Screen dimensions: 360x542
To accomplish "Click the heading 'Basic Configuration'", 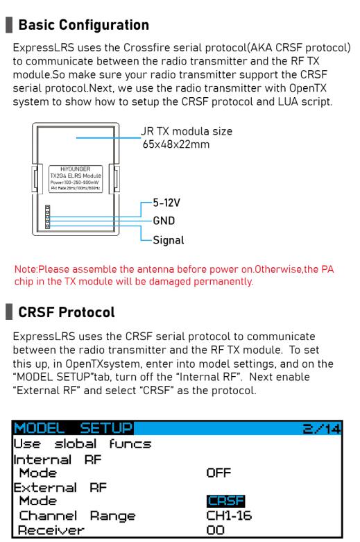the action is click(84, 25).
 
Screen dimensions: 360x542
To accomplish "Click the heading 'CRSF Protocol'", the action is click(67, 312).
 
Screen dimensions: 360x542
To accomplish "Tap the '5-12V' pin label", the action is click(166, 203).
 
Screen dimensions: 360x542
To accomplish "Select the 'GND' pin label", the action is click(164, 221).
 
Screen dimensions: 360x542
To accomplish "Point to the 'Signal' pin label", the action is click(169, 240).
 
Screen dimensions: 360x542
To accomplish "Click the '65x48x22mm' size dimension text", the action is click(176, 144).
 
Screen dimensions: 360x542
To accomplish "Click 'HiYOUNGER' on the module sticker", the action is click(76, 169).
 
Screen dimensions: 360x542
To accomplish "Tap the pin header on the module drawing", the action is click(48, 217).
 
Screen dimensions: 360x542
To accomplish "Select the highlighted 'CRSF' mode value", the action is click(226, 500).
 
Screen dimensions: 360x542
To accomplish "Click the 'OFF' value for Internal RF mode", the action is click(218, 473).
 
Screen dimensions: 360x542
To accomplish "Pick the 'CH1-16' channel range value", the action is click(229, 516).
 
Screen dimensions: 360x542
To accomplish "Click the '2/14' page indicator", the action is click(322, 429).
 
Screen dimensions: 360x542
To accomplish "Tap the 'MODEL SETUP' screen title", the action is click(74, 428).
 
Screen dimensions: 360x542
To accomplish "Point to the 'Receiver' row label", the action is click(51, 530).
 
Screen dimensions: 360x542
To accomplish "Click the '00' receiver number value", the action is click(215, 530).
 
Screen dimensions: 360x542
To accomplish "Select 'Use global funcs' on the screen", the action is click(83, 444).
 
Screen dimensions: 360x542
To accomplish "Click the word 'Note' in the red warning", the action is click(25, 269).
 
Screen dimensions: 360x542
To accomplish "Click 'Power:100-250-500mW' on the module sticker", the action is click(75, 182).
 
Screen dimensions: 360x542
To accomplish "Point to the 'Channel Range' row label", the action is click(78, 516).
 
